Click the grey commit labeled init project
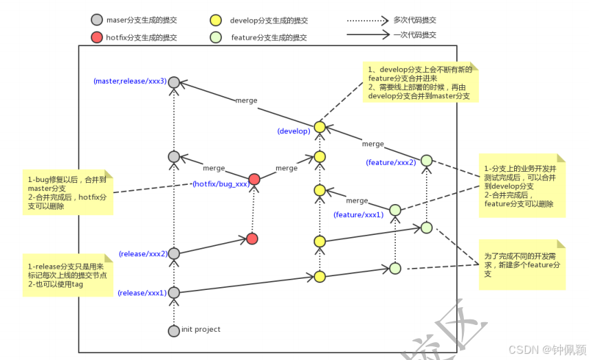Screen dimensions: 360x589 [174, 331]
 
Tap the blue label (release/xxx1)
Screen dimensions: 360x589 [142, 293]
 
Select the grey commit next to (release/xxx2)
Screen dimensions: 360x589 [174, 254]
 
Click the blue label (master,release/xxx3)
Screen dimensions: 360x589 [130, 81]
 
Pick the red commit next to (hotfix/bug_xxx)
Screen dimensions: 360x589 [254, 179]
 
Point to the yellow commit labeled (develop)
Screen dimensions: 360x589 [319, 127]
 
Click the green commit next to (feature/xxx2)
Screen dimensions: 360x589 [426, 161]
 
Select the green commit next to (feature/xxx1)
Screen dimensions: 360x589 [395, 210]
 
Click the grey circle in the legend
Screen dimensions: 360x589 [96, 21]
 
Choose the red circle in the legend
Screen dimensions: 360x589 [96, 37]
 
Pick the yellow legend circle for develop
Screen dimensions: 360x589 [216, 21]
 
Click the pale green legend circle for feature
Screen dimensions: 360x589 [216, 37]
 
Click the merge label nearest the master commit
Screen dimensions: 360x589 [246, 100]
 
